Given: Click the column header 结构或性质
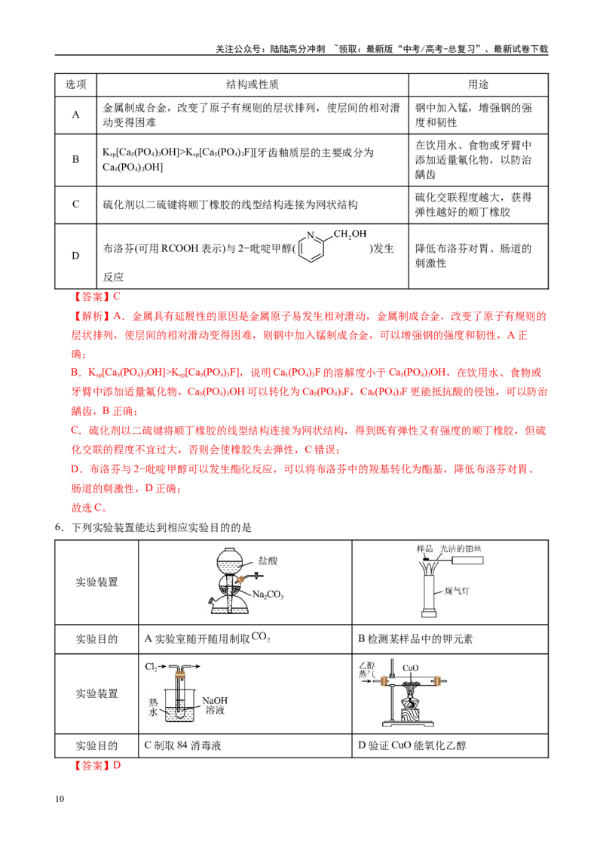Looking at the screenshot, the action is click(x=253, y=84).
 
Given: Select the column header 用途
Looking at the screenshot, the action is click(x=479, y=84).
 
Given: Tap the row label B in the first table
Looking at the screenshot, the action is click(x=75, y=160).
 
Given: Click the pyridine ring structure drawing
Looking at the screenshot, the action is click(x=311, y=247).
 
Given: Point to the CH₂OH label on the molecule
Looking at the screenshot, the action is click(x=350, y=234).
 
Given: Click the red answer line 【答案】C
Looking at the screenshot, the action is click(x=96, y=296).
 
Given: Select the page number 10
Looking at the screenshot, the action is click(x=60, y=799).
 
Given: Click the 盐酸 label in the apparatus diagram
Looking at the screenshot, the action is click(x=268, y=561).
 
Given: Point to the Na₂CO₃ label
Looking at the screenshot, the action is click(x=268, y=594).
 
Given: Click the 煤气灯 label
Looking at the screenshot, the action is click(x=456, y=591).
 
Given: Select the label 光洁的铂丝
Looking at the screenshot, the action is click(x=461, y=548).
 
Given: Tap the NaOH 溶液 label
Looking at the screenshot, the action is click(x=214, y=705).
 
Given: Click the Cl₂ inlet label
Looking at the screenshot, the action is click(x=151, y=667).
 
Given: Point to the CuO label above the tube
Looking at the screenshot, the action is click(x=410, y=668).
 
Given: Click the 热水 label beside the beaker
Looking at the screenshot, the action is click(x=153, y=707).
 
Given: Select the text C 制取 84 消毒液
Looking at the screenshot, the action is click(x=183, y=745).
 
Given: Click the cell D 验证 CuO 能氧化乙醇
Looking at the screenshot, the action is click(x=412, y=745).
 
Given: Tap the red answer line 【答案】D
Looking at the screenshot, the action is click(x=96, y=765).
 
